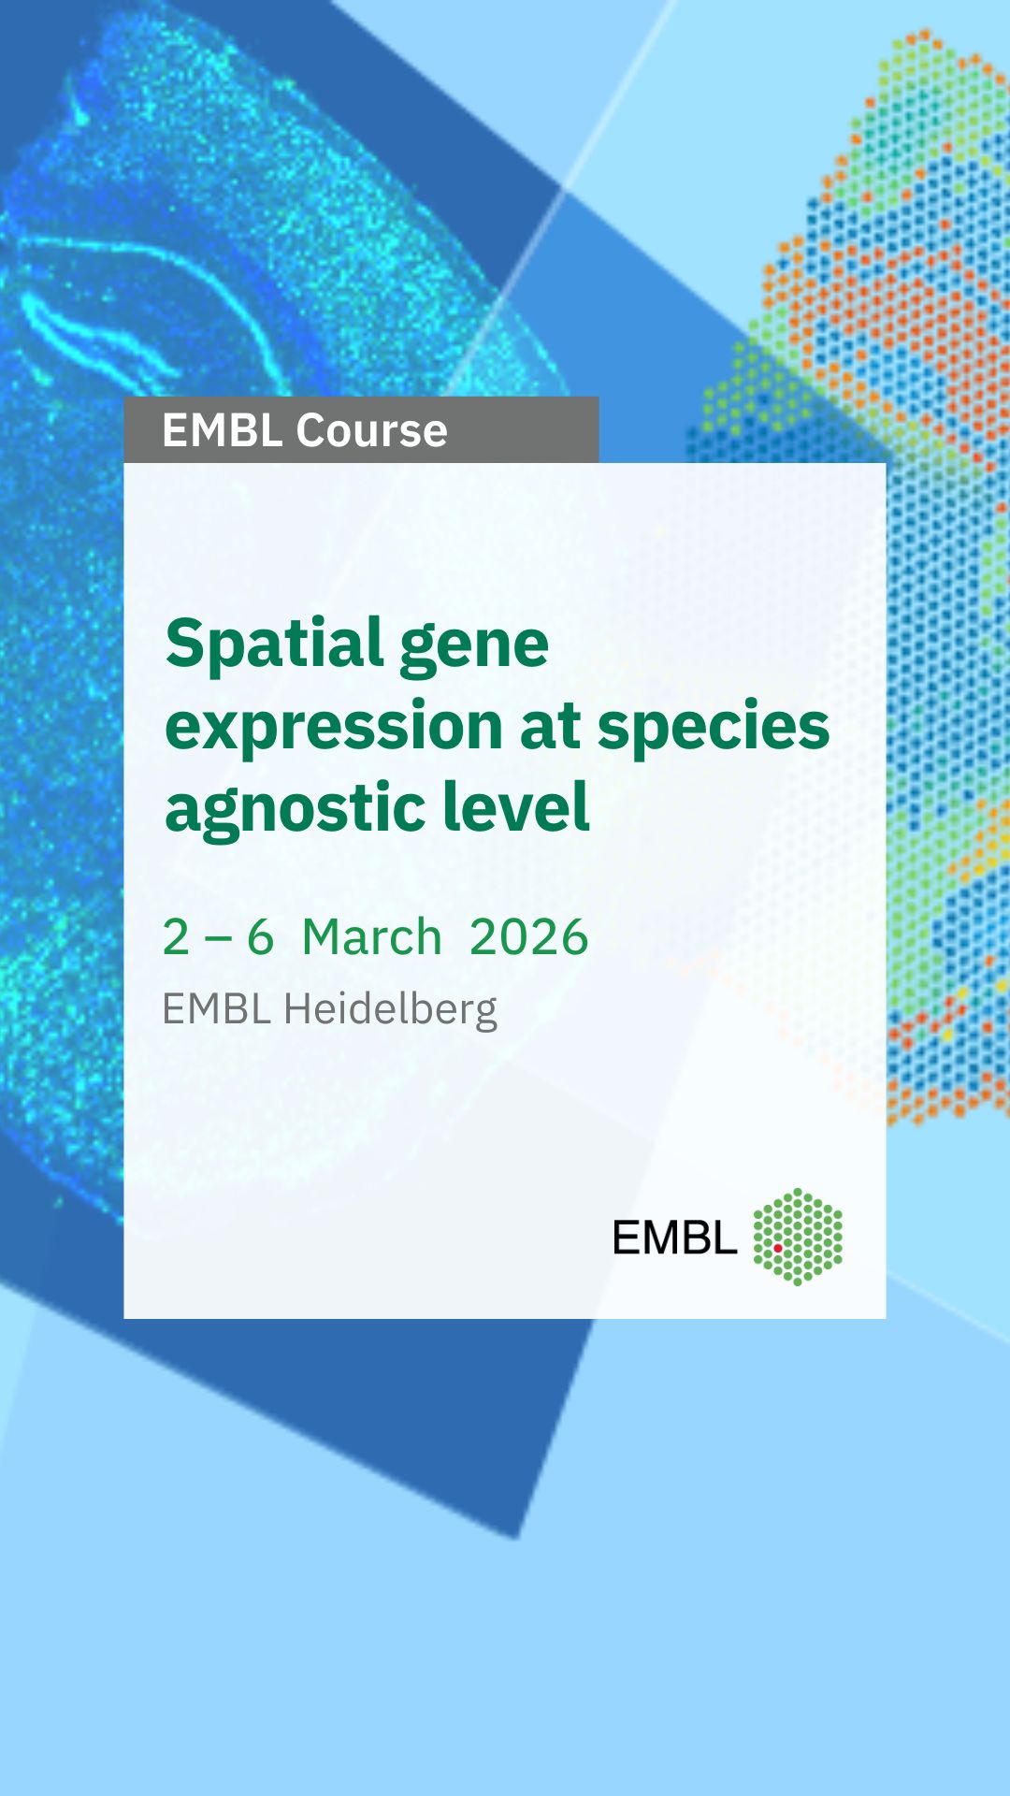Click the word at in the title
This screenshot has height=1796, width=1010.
[551, 727]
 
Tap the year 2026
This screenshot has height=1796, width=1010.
[529, 937]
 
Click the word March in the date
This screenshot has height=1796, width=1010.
[372, 937]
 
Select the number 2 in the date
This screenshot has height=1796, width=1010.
[176, 937]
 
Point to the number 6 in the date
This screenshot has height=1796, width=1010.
[260, 937]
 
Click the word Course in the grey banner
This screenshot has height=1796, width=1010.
[371, 430]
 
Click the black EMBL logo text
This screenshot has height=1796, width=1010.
[674, 1238]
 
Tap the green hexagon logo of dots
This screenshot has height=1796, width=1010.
[798, 1237]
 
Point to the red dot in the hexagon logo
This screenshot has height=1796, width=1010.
[777, 1248]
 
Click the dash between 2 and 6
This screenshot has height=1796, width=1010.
[218, 938]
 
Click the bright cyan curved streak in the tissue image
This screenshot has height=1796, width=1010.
[84, 337]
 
